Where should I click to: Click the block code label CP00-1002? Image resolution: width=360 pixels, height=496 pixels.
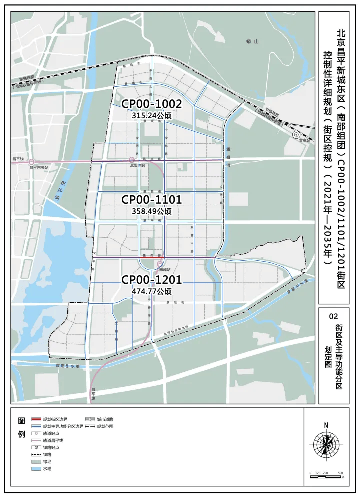[x=151, y=104]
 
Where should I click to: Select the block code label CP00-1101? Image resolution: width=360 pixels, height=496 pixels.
[x=151, y=200]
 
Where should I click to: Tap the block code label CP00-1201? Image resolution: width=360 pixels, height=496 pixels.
[x=151, y=279]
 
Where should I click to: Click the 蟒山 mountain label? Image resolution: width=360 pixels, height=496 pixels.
[x=255, y=42]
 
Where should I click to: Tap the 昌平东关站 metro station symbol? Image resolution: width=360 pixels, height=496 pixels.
[x=32, y=162]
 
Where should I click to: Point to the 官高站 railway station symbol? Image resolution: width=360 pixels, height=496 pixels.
[x=296, y=134]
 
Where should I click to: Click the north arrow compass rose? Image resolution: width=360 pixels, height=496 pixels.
[x=326, y=443]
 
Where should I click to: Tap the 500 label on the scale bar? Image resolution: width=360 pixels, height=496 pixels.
[x=340, y=473]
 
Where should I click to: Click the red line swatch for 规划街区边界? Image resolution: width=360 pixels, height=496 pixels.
[x=36, y=419]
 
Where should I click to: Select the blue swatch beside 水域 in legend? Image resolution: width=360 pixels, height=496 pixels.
[x=36, y=469]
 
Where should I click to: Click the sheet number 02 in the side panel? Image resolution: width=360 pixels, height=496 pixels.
[x=334, y=317]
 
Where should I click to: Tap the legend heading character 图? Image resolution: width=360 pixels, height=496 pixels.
[x=21, y=420]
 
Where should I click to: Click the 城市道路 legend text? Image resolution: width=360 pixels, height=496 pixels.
[x=105, y=419]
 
